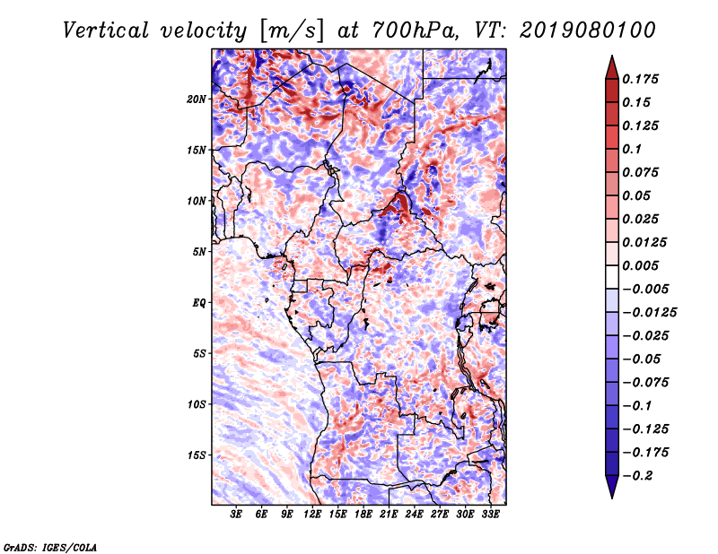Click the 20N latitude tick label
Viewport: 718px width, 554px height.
[197, 99]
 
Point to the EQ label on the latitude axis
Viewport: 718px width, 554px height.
[199, 303]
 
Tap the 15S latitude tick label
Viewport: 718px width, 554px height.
[197, 455]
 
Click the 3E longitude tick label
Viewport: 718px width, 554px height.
[236, 515]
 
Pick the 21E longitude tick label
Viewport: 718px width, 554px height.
[389, 515]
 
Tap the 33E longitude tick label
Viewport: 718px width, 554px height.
[490, 515]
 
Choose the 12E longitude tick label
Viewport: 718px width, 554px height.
[312, 515]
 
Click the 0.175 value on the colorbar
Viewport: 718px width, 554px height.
[643, 79]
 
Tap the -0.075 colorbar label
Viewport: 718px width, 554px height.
[649, 382]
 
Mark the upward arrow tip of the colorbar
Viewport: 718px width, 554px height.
[611, 59]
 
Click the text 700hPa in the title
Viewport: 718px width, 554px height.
[414, 30]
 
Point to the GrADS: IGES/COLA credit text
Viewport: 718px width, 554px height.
[50, 546]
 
